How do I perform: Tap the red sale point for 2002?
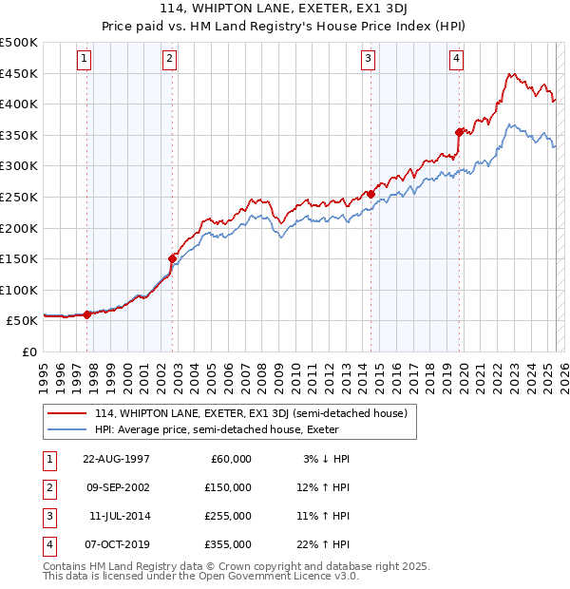click(x=173, y=257)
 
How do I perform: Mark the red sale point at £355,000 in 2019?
click(x=460, y=132)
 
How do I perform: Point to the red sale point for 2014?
click(x=371, y=194)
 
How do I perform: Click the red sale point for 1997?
click(x=87, y=313)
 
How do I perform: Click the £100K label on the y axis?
click(x=20, y=290)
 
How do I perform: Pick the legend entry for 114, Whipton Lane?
click(x=251, y=413)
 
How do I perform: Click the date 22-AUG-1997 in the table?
click(x=117, y=459)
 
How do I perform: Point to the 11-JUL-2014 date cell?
click(x=119, y=516)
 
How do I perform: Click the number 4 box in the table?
click(x=47, y=544)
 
